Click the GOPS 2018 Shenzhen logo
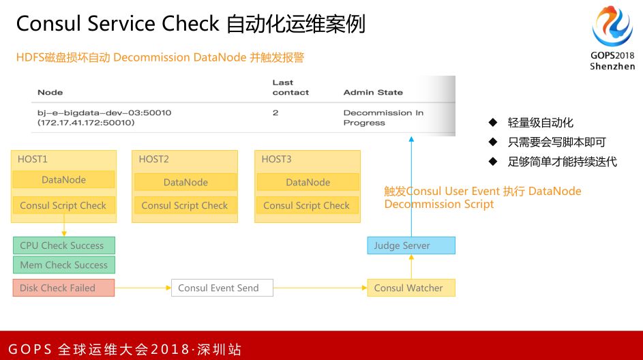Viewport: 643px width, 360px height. coord(612,38)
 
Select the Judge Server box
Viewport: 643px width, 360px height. coord(410,245)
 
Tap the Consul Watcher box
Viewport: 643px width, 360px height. coord(410,288)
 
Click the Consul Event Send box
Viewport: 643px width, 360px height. coord(222,288)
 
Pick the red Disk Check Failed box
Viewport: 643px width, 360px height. coord(63,288)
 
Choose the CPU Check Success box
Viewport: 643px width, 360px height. coord(63,245)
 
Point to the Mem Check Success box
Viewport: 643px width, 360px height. coord(63,265)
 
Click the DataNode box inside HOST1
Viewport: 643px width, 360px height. coord(63,180)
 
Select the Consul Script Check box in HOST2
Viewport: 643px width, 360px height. coord(185,205)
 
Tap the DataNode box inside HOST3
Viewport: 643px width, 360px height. coord(308,182)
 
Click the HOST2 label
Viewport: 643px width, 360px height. coord(153,159)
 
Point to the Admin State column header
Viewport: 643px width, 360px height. coord(373,92)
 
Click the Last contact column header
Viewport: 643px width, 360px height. coord(290,87)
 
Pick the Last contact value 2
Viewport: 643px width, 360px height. coord(275,112)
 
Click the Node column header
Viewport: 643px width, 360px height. coord(50,92)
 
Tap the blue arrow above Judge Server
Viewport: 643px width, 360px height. coord(411,184)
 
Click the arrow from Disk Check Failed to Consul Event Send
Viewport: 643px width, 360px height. coord(143,288)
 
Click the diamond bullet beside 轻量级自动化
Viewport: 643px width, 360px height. coord(492,123)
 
